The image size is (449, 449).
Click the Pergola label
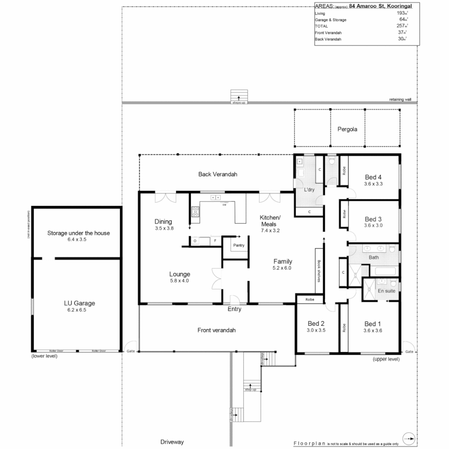(347, 129)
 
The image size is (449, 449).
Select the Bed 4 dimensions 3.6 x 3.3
(373, 184)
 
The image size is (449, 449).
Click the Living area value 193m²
(402, 13)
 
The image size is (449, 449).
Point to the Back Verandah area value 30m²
(402, 39)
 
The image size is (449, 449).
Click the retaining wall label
(400, 100)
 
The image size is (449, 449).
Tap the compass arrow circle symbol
(409, 439)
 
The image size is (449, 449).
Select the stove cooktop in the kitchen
(195, 211)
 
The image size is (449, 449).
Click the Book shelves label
(319, 271)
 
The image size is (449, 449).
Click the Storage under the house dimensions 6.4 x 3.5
(79, 240)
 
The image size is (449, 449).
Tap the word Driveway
(172, 442)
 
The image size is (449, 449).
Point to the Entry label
(234, 309)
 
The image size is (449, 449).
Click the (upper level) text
(386, 359)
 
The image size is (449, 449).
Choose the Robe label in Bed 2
(310, 299)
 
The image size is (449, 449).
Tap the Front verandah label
(216, 330)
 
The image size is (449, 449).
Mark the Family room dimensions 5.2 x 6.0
(282, 268)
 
